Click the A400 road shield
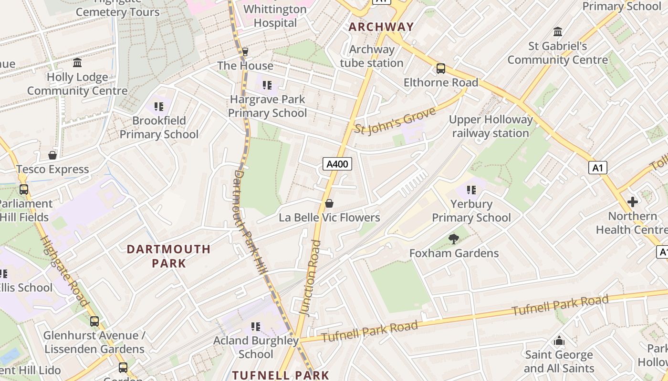coord(337,164)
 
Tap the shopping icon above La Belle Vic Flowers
coord(329,204)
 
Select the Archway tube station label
coord(372,56)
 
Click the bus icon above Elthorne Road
coord(441,69)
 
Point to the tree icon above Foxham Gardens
coord(453,239)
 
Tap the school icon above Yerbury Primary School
coord(471,190)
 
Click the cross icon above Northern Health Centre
coord(633,202)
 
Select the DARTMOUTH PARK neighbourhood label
coord(168,256)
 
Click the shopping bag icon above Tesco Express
coord(52,155)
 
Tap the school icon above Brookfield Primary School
coord(159,107)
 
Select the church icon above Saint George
coord(559,341)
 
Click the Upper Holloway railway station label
coord(491,126)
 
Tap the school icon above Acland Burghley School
coord(256,327)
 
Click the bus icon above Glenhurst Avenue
coord(94,321)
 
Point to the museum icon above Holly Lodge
coord(77,63)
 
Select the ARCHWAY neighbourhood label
coord(381,27)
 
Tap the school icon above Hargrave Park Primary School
coord(267,85)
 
